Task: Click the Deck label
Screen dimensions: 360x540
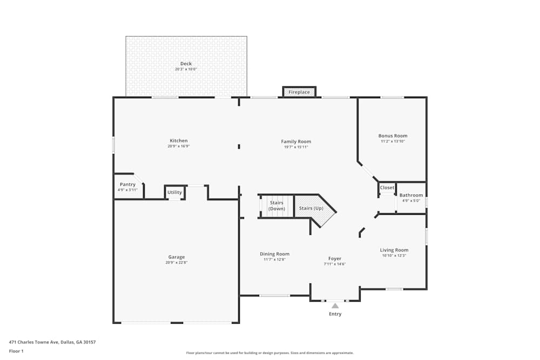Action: [186, 64]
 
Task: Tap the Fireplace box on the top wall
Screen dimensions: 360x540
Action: [299, 92]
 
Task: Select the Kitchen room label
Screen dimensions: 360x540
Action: [179, 141]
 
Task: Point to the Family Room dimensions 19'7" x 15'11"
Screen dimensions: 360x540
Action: [296, 147]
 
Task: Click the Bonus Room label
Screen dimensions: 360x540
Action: [393, 136]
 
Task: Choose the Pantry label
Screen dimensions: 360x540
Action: [127, 185]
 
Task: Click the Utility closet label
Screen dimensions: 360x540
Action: [174, 192]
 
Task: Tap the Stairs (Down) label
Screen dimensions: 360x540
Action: [276, 206]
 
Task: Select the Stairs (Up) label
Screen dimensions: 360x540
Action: [310, 208]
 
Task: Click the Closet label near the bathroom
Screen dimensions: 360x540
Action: [387, 188]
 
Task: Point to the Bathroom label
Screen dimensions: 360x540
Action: [411, 195]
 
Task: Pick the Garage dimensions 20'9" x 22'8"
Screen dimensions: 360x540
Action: [177, 263]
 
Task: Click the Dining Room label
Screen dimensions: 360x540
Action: [275, 254]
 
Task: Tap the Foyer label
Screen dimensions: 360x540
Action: [335, 259]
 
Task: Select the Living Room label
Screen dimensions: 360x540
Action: [394, 250]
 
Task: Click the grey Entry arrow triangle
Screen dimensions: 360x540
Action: [335, 306]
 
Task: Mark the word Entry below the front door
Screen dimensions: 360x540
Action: [335, 314]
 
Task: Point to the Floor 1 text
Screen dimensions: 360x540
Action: [16, 351]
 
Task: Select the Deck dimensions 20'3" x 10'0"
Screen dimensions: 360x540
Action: [186, 70]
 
